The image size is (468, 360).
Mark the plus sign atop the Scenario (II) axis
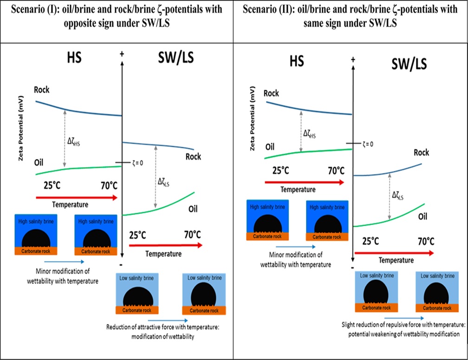point(353,60)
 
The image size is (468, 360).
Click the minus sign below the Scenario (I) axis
point(121,264)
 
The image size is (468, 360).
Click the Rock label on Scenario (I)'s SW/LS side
point(193,157)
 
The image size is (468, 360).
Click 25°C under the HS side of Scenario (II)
point(281,170)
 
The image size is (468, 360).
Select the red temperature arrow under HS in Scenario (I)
point(76,197)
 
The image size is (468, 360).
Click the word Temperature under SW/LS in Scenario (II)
point(396,260)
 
